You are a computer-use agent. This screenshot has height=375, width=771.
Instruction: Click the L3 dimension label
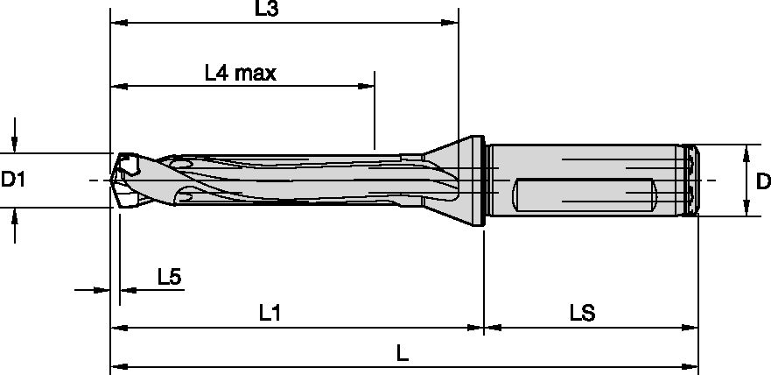[266, 10]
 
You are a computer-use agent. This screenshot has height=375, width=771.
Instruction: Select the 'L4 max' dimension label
[240, 74]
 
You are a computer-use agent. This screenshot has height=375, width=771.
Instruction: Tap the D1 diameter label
[15, 180]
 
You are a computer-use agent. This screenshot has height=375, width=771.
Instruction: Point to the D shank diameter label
[762, 181]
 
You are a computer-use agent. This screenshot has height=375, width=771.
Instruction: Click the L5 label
[169, 278]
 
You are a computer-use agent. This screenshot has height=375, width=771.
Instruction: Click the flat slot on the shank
[584, 194]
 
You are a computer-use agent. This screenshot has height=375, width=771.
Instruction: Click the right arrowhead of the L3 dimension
[452, 22]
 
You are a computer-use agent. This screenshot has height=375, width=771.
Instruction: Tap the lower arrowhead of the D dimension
[745, 209]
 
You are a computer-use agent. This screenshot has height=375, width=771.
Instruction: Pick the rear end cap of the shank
[690, 180]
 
